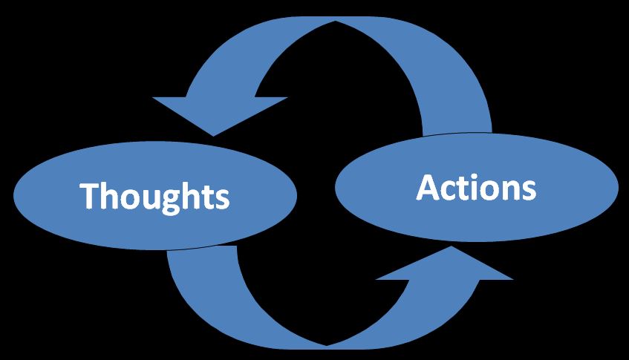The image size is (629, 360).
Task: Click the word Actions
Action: click(476, 188)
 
